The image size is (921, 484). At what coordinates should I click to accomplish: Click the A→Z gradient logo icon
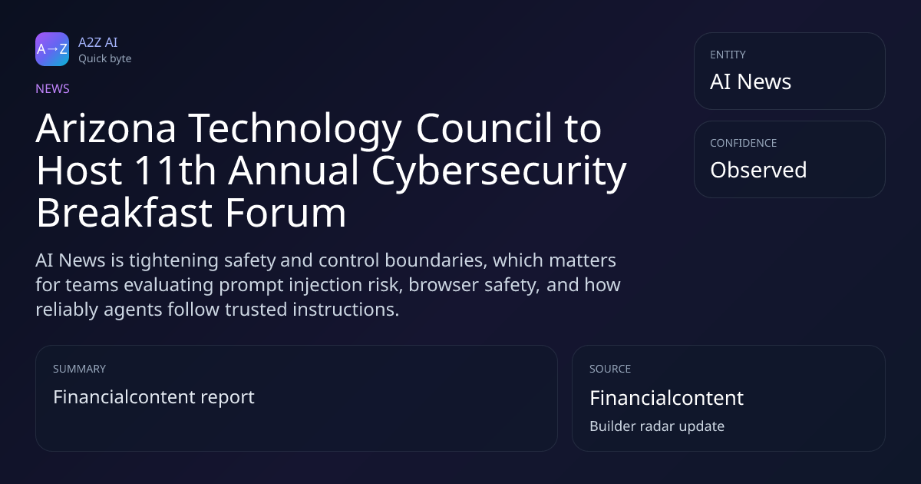pos(52,49)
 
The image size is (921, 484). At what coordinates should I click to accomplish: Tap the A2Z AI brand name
pos(98,42)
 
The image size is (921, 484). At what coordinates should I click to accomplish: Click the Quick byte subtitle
pos(105,59)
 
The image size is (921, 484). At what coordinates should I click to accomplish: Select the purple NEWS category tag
pos(53,88)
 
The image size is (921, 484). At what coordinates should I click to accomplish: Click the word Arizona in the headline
pos(106,128)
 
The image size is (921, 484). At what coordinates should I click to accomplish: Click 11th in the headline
pos(176,171)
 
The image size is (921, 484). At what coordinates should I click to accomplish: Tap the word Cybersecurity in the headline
pos(499,173)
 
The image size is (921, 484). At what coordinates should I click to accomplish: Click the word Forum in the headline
pos(286,214)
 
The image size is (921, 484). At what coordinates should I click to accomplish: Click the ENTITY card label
pos(728,55)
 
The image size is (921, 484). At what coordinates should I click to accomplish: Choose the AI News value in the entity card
pos(751,81)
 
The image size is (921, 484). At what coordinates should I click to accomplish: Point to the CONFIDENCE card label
pos(744,143)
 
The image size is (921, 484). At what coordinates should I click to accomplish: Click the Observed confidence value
pos(758,170)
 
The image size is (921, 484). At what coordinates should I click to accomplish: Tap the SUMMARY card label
pos(79,369)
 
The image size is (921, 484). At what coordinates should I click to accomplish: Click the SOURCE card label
pos(610,369)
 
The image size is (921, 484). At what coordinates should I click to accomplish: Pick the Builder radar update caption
pos(657,426)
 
